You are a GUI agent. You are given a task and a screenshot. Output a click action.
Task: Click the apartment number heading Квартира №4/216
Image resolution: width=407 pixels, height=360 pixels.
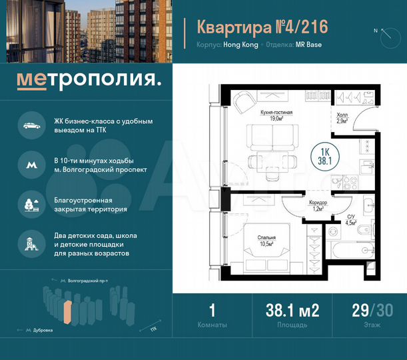[262, 27]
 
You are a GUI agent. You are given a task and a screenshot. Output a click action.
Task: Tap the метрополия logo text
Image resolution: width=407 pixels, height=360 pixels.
[89, 81]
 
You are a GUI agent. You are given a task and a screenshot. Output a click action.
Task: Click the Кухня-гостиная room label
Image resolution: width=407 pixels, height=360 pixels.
[276, 117]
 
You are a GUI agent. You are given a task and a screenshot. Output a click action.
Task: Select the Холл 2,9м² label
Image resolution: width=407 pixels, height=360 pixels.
[342, 118]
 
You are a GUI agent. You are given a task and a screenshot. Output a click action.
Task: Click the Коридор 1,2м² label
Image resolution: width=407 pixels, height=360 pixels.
[318, 205]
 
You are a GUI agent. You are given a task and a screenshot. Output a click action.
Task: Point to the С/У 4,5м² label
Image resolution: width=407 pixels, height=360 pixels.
[352, 219]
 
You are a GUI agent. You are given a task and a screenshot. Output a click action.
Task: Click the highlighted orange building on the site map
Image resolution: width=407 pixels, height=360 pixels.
[67, 312]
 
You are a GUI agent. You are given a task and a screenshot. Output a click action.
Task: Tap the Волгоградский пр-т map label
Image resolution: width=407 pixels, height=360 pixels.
[87, 282]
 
